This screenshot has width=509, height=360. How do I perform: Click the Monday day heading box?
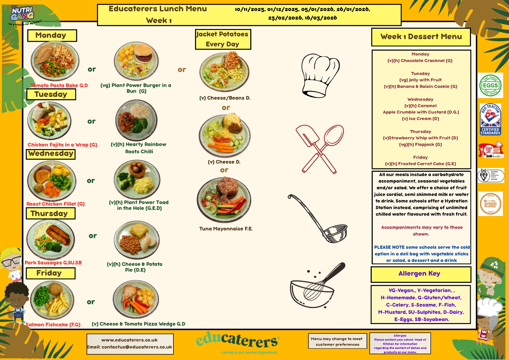[x=52, y=36]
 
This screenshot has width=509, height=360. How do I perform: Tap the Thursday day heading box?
[x=50, y=214]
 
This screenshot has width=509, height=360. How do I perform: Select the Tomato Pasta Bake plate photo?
[x=55, y=61]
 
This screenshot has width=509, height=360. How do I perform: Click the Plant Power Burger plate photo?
[x=136, y=60]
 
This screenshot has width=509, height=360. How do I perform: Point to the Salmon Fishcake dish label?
[x=53, y=325]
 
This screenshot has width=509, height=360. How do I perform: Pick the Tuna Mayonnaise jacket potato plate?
[x=224, y=200]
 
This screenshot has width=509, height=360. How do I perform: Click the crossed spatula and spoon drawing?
[x=319, y=149]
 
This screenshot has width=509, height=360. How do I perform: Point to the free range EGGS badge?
[x=490, y=85]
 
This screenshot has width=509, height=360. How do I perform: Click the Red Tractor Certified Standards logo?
[x=490, y=119]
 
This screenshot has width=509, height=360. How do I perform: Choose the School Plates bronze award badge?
[x=490, y=203]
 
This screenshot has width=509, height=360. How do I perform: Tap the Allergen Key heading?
[x=421, y=274]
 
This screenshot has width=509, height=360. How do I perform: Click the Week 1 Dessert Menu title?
[x=421, y=37]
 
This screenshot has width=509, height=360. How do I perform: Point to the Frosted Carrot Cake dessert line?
[x=420, y=164]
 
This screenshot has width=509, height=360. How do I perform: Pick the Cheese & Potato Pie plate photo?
[x=137, y=240]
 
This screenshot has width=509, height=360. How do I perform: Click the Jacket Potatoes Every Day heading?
[x=223, y=39]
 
